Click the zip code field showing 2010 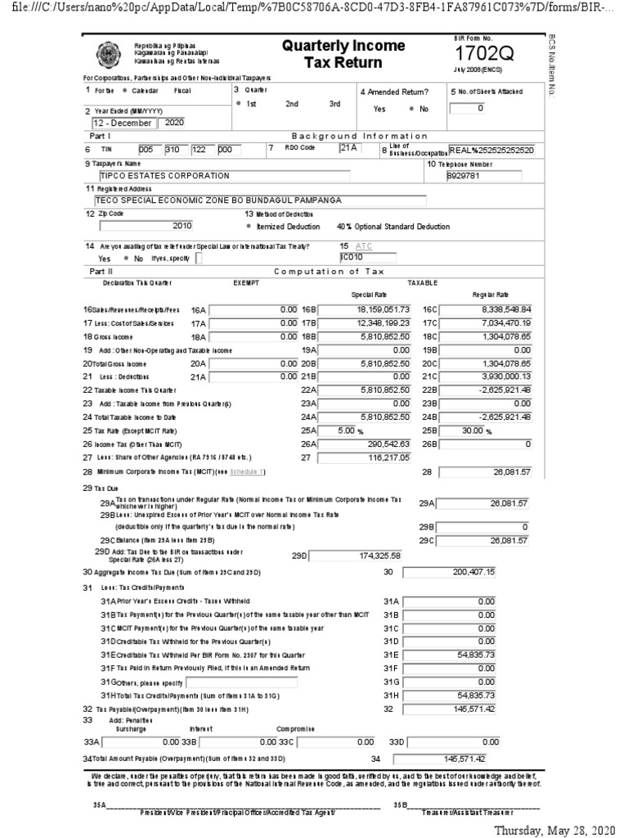(146, 225)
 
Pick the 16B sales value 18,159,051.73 (363, 310)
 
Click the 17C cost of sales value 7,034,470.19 (486, 323)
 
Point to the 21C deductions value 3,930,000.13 (486, 376)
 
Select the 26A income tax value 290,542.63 (363, 443)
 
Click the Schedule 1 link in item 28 (247, 472)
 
